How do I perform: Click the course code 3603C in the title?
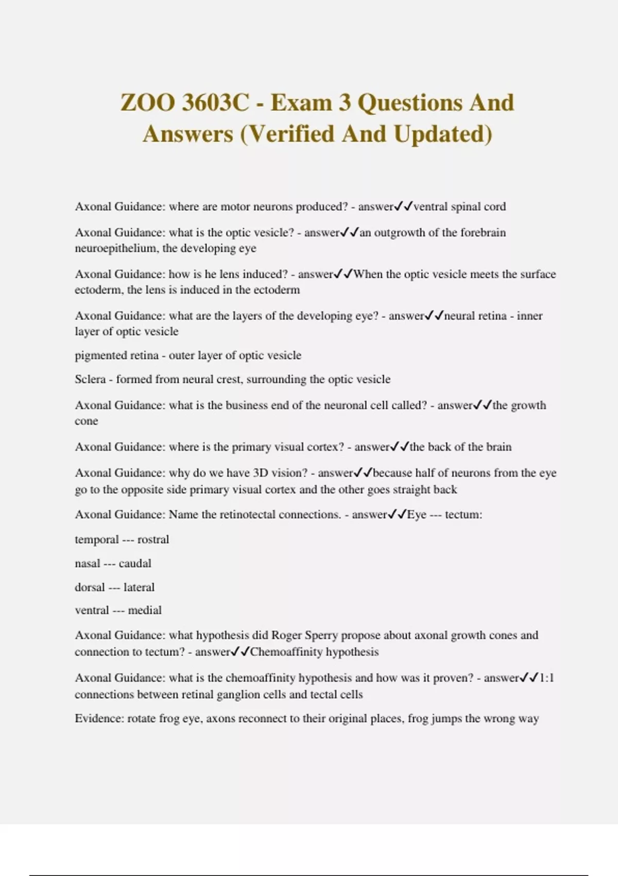(214, 102)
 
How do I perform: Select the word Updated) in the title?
(443, 133)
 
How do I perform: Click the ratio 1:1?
(546, 678)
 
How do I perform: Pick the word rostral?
(153, 540)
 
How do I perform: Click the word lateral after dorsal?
(139, 587)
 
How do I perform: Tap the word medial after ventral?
(145, 610)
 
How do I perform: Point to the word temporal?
(96, 540)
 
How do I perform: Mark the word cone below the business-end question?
(86, 421)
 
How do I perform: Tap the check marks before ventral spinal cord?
(403, 206)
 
